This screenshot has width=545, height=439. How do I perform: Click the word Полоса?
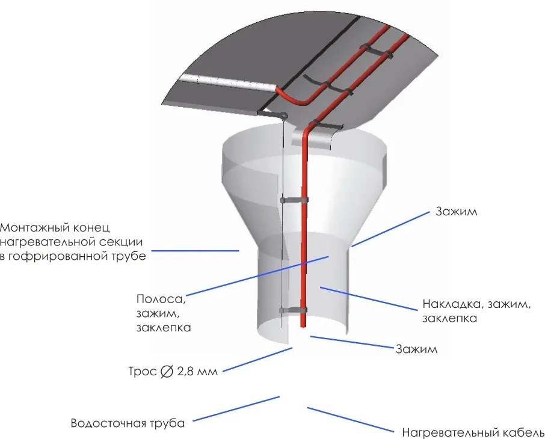(161, 299)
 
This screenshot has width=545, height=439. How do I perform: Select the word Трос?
(143, 372)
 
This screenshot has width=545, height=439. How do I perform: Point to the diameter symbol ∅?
(167, 372)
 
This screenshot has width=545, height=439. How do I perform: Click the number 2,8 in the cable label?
(185, 372)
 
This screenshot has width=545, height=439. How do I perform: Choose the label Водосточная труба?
(128, 423)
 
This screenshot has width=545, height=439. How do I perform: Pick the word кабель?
(522, 433)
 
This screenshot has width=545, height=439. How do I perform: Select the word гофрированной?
(54, 256)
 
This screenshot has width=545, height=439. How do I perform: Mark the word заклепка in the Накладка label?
(449, 318)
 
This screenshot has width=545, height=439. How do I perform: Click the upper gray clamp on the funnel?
(294, 200)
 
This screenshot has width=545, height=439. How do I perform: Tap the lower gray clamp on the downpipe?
(294, 310)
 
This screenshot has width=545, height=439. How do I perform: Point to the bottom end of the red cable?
(303, 327)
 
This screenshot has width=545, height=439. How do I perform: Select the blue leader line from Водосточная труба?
(236, 409)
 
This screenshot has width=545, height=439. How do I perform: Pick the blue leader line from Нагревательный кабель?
(350, 420)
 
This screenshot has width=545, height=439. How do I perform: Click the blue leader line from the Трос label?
(257, 360)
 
